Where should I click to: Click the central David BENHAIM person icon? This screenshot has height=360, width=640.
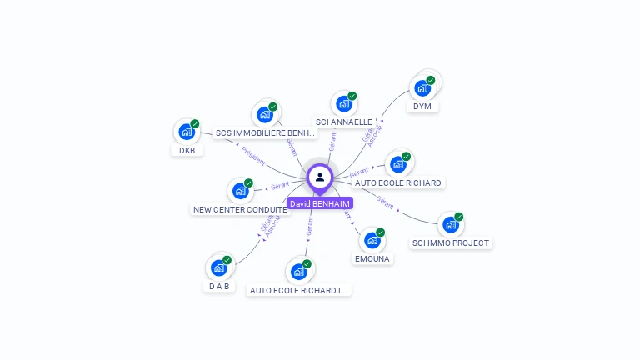click(320, 177)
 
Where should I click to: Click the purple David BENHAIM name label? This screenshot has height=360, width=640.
click(320, 203)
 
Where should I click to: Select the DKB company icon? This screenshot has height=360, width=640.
click(187, 132)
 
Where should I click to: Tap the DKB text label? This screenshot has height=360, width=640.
click(187, 151)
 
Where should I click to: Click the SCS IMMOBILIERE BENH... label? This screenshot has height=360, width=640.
click(265, 132)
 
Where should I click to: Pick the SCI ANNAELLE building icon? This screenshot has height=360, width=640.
click(343, 104)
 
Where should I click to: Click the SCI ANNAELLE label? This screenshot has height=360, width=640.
click(344, 122)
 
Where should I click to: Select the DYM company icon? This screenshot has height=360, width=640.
click(422, 87)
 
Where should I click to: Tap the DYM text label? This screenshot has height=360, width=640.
click(422, 107)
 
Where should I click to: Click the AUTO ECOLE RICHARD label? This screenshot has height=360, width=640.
click(398, 182)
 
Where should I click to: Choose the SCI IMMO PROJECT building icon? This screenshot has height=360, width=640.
click(450, 224)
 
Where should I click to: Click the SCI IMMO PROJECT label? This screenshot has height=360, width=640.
click(451, 243)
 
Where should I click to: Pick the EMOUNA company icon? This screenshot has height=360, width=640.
click(372, 240)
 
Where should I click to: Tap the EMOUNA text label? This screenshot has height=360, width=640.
click(372, 259)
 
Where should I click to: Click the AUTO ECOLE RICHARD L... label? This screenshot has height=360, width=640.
click(299, 291)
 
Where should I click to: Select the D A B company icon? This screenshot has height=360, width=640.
click(218, 267)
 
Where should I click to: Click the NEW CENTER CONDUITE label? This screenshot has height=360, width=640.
click(240, 210)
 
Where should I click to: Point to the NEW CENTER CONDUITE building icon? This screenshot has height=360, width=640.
click(240, 191)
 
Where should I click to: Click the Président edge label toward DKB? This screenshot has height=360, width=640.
click(253, 157)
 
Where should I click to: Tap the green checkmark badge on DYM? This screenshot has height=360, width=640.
click(431, 80)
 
